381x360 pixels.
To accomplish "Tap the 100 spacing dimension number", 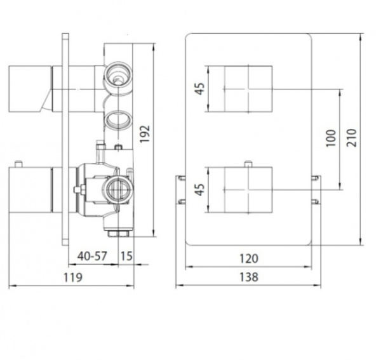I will tap(330, 138).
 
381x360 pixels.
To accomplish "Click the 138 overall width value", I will tap(249, 277).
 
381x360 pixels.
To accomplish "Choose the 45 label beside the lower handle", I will tap(201, 189).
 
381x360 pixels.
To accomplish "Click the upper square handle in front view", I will tap(248, 89).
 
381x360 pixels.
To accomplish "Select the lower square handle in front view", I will tap(248, 190).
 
